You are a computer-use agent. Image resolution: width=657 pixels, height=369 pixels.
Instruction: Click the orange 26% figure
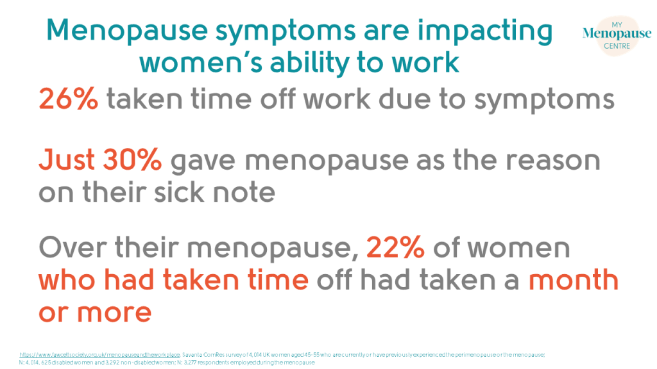click(x=68, y=100)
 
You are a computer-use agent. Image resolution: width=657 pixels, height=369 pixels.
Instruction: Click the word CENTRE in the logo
click(x=607, y=46)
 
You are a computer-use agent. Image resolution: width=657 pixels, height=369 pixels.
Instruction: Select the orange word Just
click(x=64, y=161)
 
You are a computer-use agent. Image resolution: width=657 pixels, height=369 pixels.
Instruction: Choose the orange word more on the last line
click(x=114, y=312)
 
